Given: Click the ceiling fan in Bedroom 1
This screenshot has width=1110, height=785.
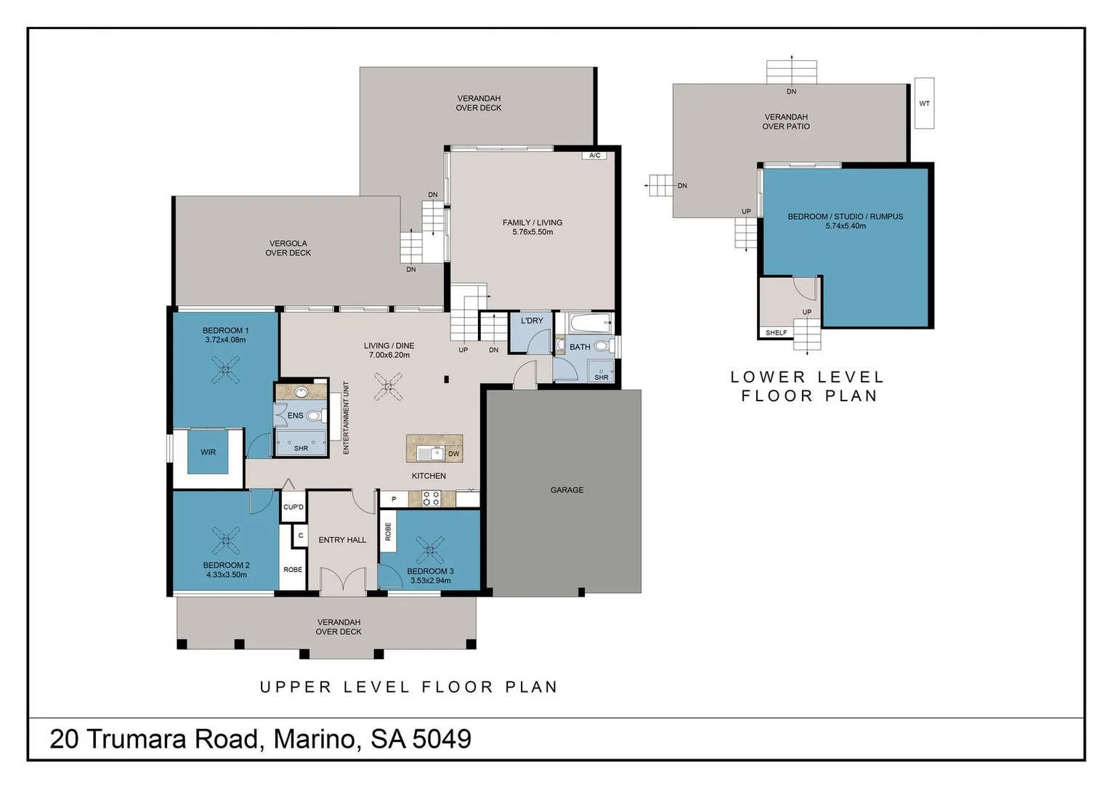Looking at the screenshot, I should click(226, 370).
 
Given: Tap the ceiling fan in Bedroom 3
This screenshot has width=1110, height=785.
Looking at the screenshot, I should click(430, 549).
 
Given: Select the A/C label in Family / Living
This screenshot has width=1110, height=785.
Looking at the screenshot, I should click(594, 156).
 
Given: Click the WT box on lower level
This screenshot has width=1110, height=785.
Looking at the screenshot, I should click(924, 103).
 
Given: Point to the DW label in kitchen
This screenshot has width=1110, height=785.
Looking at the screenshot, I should click(454, 454).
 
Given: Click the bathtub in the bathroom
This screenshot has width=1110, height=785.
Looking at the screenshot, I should click(590, 322).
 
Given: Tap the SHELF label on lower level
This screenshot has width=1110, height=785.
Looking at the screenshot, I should click(776, 333).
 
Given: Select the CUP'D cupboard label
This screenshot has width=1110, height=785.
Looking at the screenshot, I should click(293, 507).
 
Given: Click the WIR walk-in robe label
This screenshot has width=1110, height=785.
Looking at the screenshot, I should click(208, 452).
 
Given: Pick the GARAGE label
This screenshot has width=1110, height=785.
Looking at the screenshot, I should click(567, 490).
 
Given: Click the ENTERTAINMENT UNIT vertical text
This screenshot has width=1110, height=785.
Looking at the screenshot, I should click(347, 418).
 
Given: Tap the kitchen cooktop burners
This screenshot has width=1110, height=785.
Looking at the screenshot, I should click(431, 499).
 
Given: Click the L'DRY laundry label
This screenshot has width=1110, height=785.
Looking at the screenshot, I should click(532, 321).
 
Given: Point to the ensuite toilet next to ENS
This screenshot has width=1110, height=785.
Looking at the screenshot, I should click(314, 416).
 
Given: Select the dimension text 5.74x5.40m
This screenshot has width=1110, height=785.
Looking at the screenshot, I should click(846, 226).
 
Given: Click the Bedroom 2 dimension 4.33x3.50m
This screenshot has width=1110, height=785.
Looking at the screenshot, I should click(226, 575).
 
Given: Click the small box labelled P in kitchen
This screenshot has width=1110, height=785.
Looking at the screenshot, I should click(394, 499).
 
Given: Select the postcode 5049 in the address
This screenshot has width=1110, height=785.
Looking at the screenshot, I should click(442, 739).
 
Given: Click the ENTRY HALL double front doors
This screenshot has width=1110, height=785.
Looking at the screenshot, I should click(342, 582).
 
